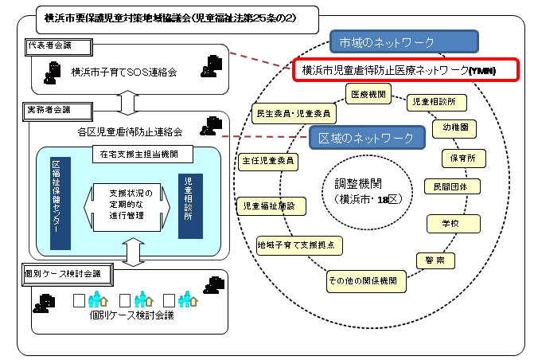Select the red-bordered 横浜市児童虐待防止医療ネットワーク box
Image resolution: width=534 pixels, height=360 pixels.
pos(405,70)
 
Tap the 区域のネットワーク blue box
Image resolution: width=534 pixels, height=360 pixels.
pos(365,138)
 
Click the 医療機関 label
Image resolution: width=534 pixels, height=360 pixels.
pos(368,94)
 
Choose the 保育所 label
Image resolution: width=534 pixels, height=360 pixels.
pos(464,158)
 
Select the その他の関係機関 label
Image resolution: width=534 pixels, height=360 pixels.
pos(367,281)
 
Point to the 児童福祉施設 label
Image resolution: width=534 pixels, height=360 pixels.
pos(271,206)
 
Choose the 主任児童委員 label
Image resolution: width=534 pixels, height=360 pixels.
pos(269,161)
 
